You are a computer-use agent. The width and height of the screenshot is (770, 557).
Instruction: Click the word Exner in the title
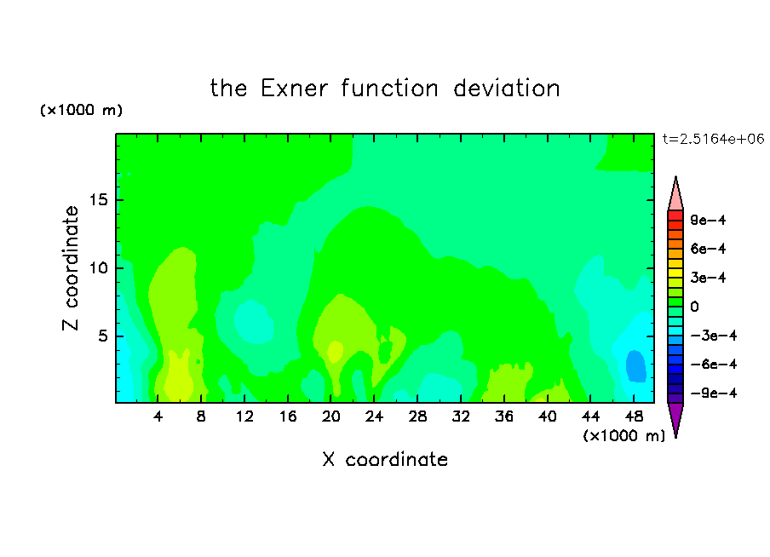click(x=294, y=88)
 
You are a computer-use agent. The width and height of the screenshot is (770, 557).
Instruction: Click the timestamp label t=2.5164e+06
click(x=714, y=139)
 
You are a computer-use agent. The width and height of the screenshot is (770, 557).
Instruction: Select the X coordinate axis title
click(x=385, y=459)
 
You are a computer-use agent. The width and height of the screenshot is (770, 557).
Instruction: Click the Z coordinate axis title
click(x=70, y=268)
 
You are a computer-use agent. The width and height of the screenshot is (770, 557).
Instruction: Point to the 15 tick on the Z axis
click(x=98, y=200)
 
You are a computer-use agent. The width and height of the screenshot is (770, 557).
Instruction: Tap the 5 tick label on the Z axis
click(x=102, y=336)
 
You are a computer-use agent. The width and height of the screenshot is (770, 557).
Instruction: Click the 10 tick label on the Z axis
click(x=98, y=268)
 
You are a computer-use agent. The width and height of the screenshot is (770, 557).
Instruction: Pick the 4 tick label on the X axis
click(x=158, y=416)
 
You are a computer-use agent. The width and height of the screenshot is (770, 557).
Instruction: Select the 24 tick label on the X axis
click(x=374, y=416)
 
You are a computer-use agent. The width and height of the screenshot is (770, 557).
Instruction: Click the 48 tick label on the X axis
click(x=634, y=416)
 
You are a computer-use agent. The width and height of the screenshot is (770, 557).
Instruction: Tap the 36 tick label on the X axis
click(x=504, y=416)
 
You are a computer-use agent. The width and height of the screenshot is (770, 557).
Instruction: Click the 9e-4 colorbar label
click(x=708, y=220)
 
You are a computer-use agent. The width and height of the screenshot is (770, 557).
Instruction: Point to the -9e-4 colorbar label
click(x=714, y=393)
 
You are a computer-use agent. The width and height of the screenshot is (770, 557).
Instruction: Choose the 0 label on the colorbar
click(x=694, y=307)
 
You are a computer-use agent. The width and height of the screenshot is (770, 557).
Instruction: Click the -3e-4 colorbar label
click(x=714, y=336)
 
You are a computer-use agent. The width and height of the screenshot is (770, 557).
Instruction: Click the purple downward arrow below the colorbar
click(x=675, y=418)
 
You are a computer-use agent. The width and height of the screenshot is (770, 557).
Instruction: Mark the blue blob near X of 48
click(x=635, y=366)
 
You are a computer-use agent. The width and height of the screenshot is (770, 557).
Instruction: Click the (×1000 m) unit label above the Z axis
click(x=81, y=110)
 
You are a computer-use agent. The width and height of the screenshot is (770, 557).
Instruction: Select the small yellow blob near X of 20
click(x=336, y=351)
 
